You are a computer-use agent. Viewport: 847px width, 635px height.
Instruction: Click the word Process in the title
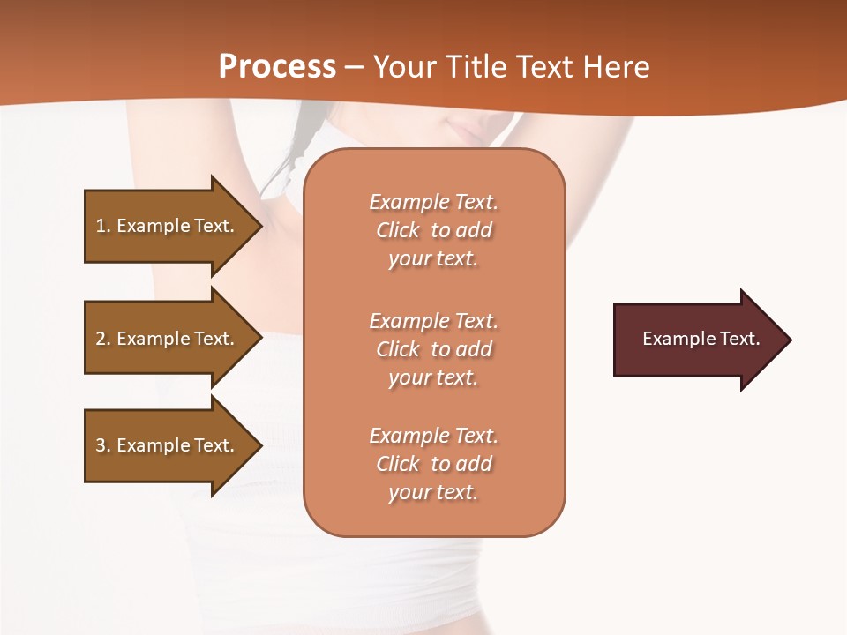coord(277,67)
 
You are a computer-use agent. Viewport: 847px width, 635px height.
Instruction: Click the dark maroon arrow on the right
coord(697,339)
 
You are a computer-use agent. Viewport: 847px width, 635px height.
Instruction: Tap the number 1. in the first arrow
coord(103,226)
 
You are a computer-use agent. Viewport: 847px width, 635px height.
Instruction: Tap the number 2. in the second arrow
coord(103,339)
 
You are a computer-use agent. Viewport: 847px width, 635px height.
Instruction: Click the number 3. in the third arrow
coord(103,445)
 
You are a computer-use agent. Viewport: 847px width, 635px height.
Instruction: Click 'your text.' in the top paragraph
coord(433,259)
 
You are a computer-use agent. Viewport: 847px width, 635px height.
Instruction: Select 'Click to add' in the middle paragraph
coord(433,349)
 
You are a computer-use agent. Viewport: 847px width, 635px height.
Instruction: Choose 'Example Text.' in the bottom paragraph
coord(433,436)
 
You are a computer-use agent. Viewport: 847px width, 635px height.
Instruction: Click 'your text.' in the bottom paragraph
coord(433,493)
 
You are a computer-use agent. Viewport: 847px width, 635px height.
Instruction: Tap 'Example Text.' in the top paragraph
coord(433,202)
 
